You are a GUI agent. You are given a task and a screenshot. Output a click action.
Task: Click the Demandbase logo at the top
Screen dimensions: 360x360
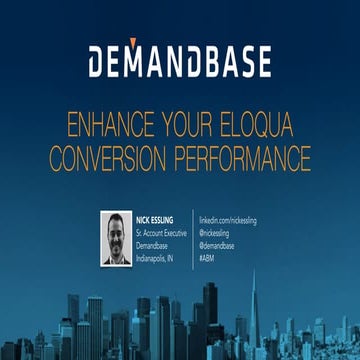[x=179, y=62]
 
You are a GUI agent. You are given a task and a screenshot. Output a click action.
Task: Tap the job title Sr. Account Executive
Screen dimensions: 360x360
[x=163, y=231]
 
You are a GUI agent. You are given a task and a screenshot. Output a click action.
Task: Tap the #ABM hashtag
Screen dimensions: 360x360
[x=207, y=255]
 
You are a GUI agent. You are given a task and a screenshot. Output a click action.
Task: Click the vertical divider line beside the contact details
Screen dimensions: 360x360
[x=193, y=238]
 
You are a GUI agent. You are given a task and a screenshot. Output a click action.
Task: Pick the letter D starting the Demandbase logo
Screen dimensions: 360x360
[x=99, y=62]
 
